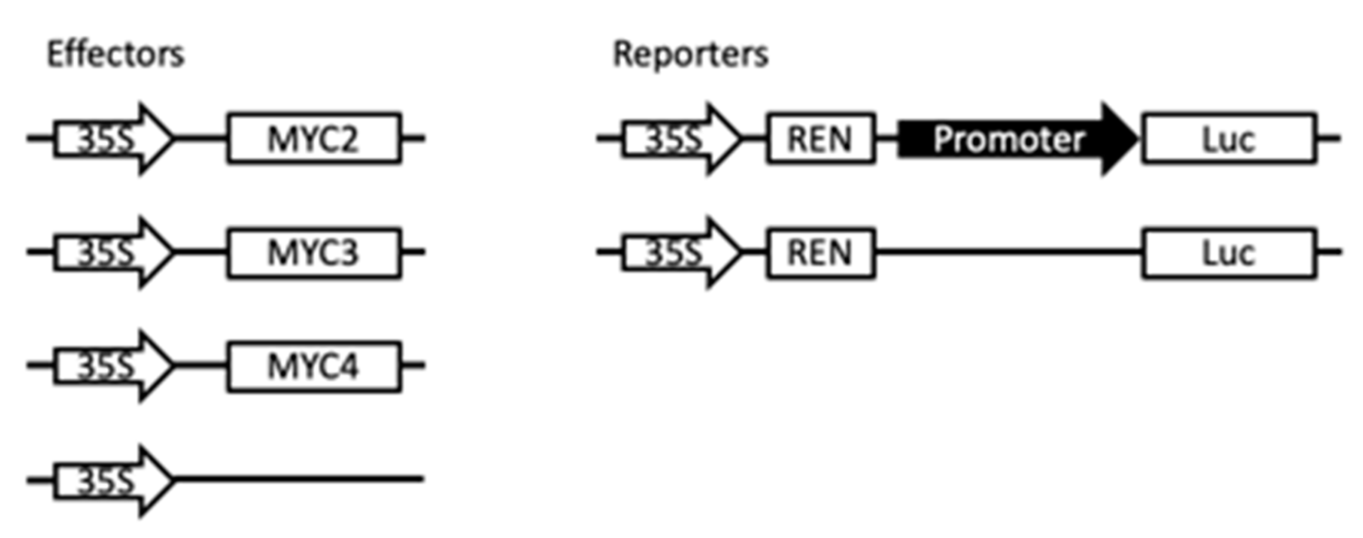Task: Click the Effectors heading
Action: pos(115,55)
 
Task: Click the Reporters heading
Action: pos(690,55)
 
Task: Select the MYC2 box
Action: pos(314,139)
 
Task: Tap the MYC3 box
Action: pos(314,252)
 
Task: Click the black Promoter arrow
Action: pos(1016,139)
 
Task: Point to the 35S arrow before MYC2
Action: pos(111,139)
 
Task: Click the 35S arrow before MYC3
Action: pos(111,252)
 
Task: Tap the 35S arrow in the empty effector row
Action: pos(111,480)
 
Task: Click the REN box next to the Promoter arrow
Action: pos(820,139)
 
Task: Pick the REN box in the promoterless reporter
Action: pos(820,252)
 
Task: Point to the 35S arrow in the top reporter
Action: pos(680,139)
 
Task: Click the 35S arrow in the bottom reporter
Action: pos(680,252)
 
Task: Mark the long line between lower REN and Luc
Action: pos(1008,252)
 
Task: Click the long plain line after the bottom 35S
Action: pos(299,479)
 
